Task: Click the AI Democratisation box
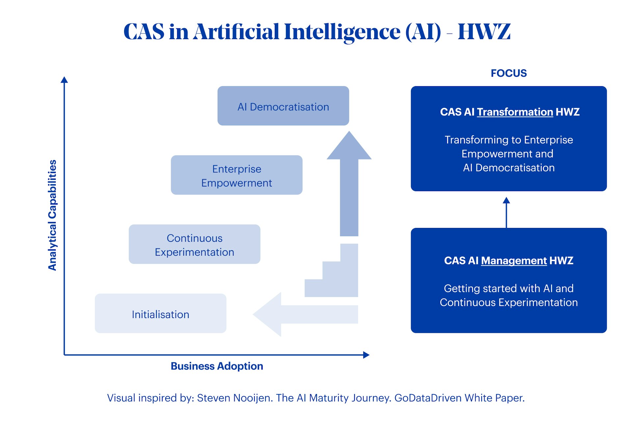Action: click(283, 106)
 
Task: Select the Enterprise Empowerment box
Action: click(236, 175)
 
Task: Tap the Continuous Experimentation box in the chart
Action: click(194, 244)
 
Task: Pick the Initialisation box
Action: click(160, 314)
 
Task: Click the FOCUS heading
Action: click(509, 73)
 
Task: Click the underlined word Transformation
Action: click(515, 112)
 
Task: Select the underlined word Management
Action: click(513, 261)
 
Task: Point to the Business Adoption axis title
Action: click(217, 366)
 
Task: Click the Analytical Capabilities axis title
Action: click(52, 215)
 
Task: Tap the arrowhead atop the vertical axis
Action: click(65, 80)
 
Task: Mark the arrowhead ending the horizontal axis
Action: click(366, 355)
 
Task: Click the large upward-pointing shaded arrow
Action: click(349, 184)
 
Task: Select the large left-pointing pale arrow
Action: click(296, 314)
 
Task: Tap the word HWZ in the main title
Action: click(484, 32)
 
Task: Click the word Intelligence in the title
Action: click(342, 32)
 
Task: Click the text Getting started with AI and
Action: click(509, 288)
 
